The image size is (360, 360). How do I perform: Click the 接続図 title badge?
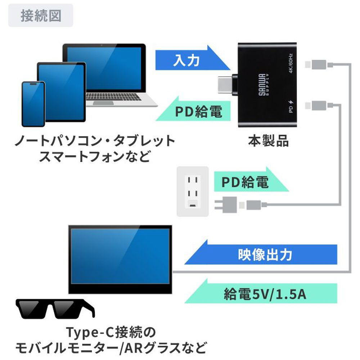41,15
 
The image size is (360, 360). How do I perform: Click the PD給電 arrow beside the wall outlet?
251,181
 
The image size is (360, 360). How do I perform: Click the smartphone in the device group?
33,104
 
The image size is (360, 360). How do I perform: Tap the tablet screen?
61,92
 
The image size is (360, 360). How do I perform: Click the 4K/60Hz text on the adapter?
291,63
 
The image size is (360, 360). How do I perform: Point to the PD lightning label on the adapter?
291,106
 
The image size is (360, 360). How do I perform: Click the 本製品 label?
268,141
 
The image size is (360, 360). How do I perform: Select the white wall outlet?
193,192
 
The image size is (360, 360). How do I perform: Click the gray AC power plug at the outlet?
226,204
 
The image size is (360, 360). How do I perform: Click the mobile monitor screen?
120,256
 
